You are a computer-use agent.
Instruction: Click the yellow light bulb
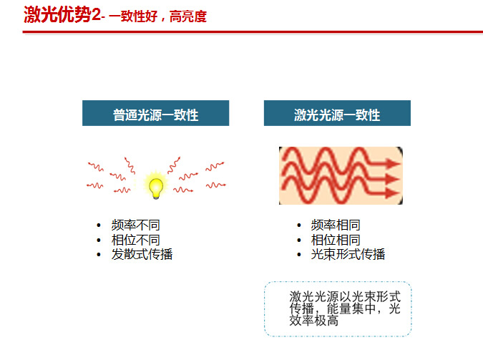[156, 188]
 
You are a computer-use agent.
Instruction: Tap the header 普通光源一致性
[155, 115]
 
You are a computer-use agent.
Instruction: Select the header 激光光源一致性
[337, 115]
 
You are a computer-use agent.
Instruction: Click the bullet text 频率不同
[135, 225]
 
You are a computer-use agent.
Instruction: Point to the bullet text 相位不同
[135, 240]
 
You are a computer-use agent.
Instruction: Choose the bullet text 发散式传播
[142, 254]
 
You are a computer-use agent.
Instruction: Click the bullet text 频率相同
[336, 225]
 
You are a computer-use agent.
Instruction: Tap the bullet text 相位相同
[336, 240]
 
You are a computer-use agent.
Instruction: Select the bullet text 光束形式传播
[348, 254]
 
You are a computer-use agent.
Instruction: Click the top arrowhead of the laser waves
[394, 163]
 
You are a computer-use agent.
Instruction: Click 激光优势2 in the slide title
[62, 14]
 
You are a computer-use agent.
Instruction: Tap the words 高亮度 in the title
[188, 16]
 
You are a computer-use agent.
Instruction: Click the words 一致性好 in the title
[133, 16]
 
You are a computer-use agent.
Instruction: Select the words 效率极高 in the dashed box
[314, 321]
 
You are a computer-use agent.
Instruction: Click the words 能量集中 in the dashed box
[351, 308]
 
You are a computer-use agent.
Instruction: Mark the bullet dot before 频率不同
[99, 225]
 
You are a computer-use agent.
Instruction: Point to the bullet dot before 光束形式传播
[299, 255]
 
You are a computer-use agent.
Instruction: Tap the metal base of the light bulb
[156, 196]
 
